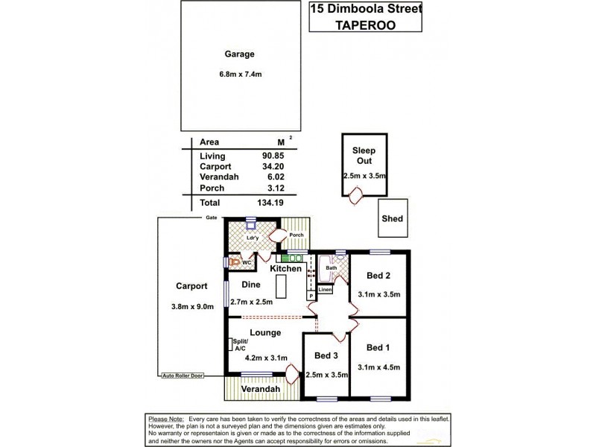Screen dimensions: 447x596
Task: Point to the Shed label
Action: coord(392,218)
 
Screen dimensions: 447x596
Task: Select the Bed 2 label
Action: coord(378,276)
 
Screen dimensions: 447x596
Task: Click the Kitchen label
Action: coord(285,268)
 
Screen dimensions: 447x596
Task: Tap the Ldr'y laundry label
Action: coord(252,238)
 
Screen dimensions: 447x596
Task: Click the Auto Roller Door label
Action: coord(183,377)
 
